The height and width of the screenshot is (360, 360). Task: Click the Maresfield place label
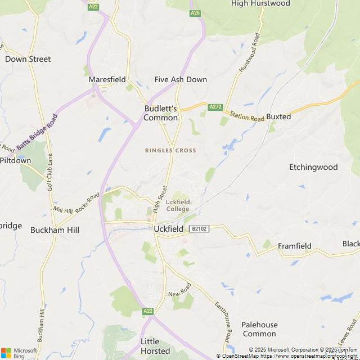(x=107, y=79)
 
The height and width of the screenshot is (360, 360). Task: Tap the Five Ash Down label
(x=181, y=79)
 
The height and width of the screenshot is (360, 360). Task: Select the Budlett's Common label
(x=161, y=112)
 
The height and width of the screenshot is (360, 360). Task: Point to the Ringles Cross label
(x=170, y=150)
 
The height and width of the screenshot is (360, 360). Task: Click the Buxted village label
(x=278, y=116)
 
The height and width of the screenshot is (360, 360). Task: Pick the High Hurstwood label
(x=260, y=3)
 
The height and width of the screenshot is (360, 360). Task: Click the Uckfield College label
(x=177, y=205)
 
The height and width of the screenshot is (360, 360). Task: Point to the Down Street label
(x=28, y=58)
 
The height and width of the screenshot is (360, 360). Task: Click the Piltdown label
(x=15, y=160)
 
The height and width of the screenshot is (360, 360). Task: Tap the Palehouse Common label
(x=259, y=329)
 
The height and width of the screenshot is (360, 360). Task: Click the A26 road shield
(x=195, y=12)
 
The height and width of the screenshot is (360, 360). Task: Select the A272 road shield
(x=215, y=107)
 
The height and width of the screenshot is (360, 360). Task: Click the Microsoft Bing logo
(x=19, y=353)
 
